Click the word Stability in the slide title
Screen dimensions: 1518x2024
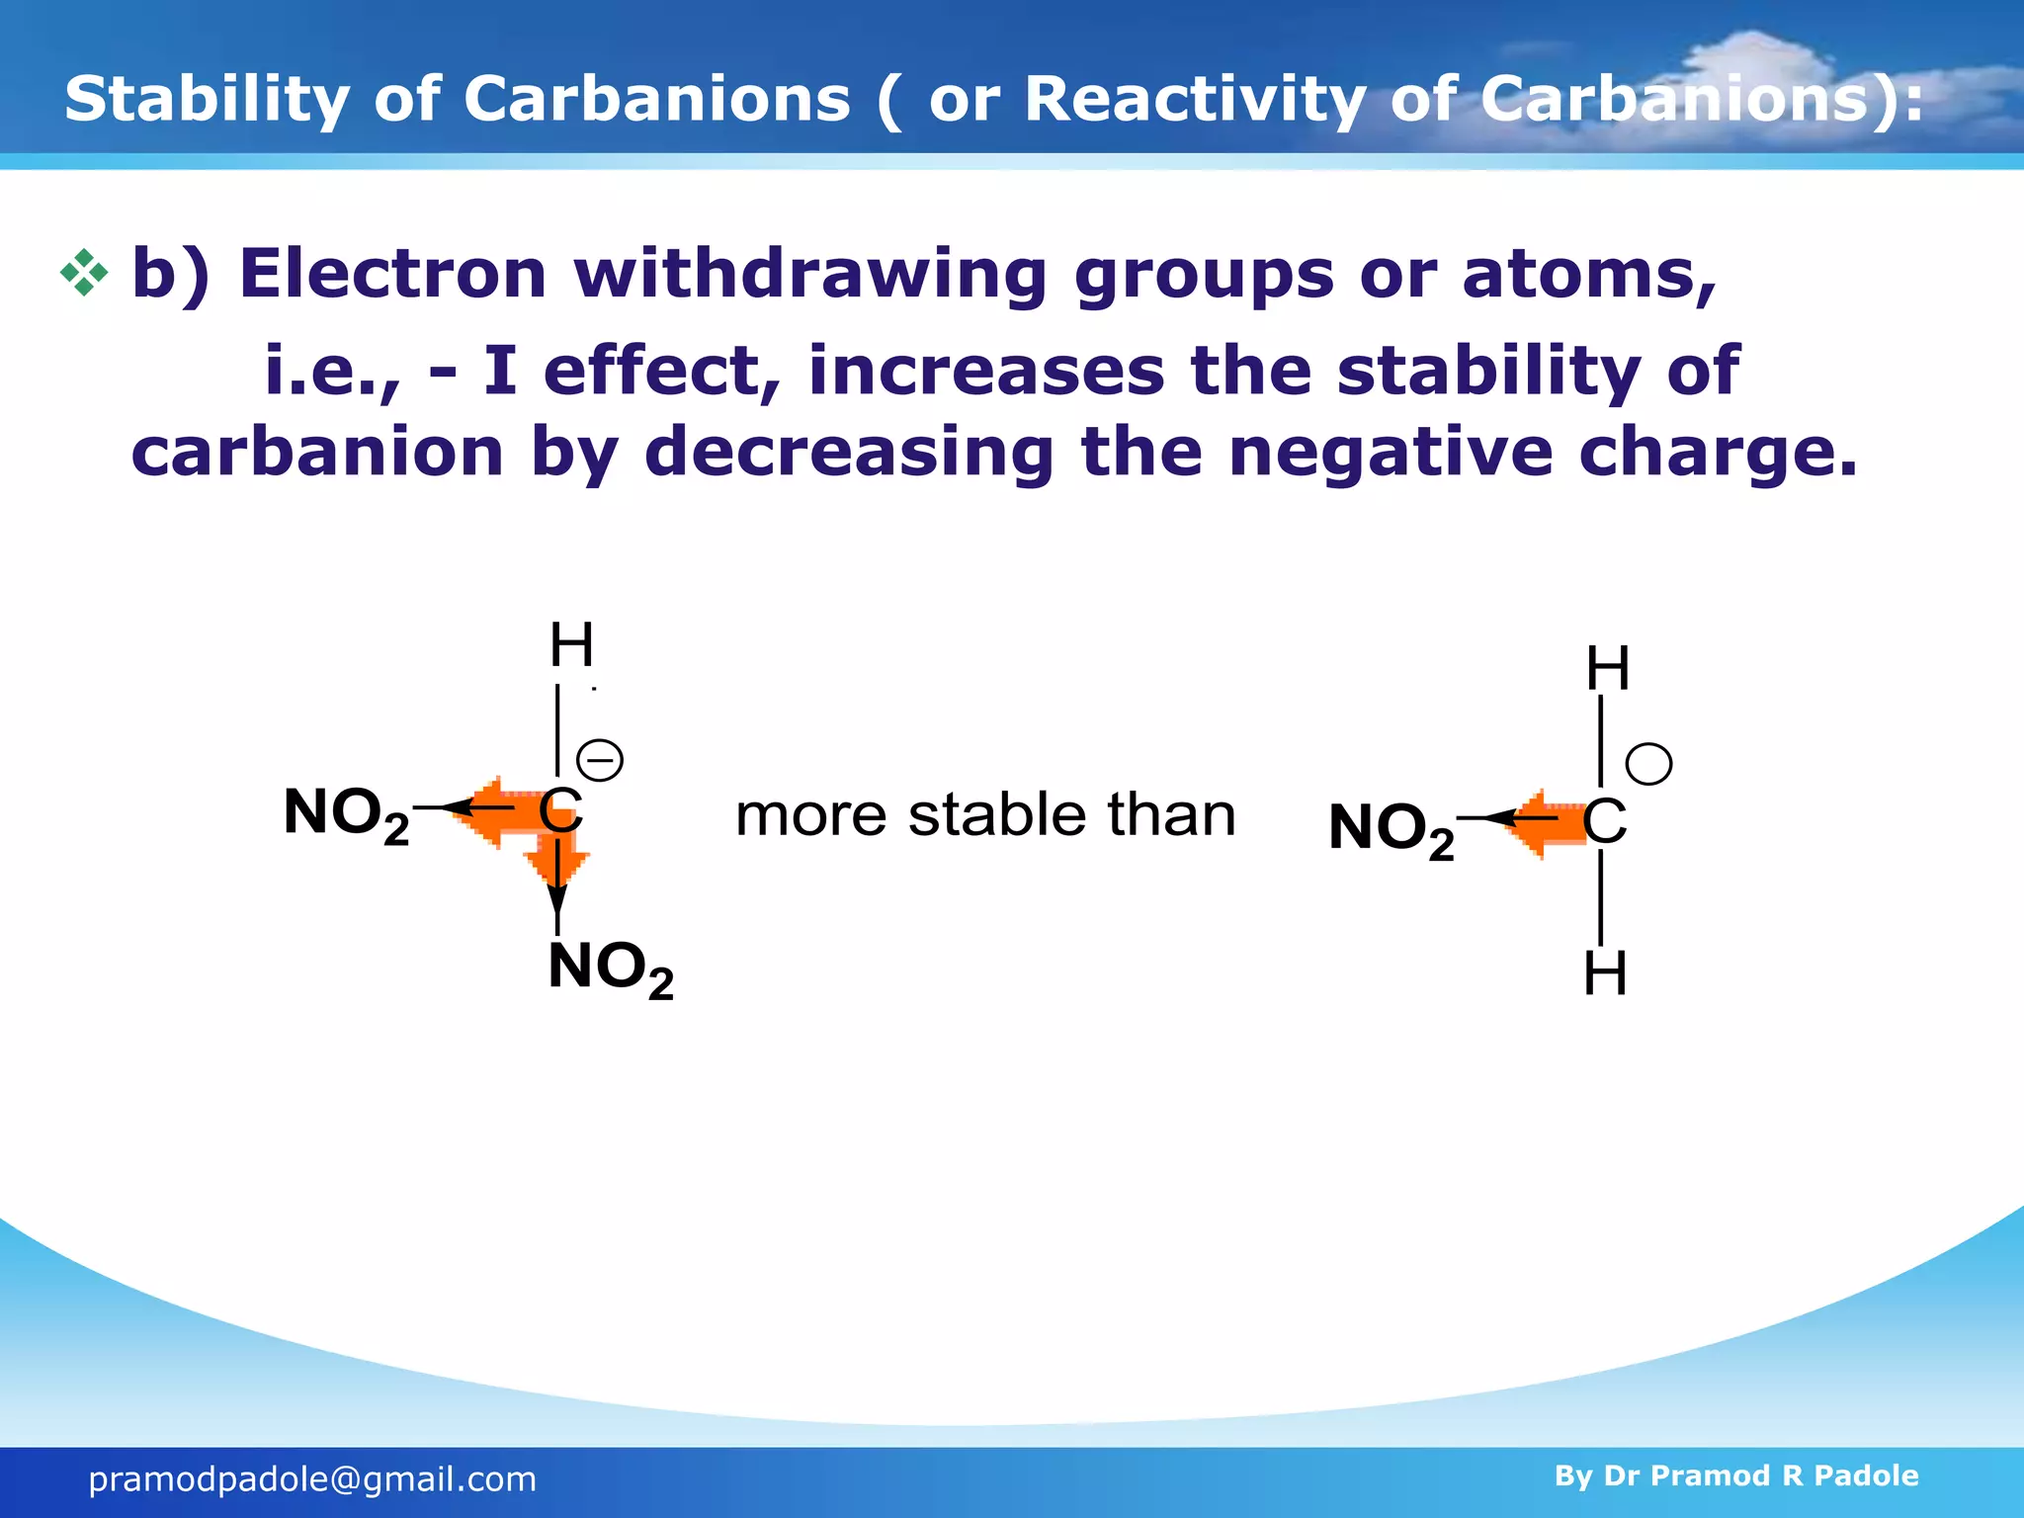206,99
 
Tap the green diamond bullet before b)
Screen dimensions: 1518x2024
84,273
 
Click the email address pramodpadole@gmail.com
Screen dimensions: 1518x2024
312,1479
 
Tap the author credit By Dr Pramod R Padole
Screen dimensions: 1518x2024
1735,1476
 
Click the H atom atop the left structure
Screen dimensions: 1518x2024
571,645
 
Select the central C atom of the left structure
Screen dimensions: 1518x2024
560,811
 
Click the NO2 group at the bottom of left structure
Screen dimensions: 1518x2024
610,969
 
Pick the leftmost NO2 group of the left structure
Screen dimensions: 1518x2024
346,814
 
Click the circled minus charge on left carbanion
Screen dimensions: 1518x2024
600,761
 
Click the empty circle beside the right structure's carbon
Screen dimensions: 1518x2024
1648,764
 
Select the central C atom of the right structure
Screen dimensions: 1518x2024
1604,821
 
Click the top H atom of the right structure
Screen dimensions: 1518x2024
1608,669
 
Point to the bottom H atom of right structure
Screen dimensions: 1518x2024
1605,974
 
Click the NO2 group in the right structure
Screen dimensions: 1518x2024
1391,829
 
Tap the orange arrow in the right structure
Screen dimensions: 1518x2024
1544,823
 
